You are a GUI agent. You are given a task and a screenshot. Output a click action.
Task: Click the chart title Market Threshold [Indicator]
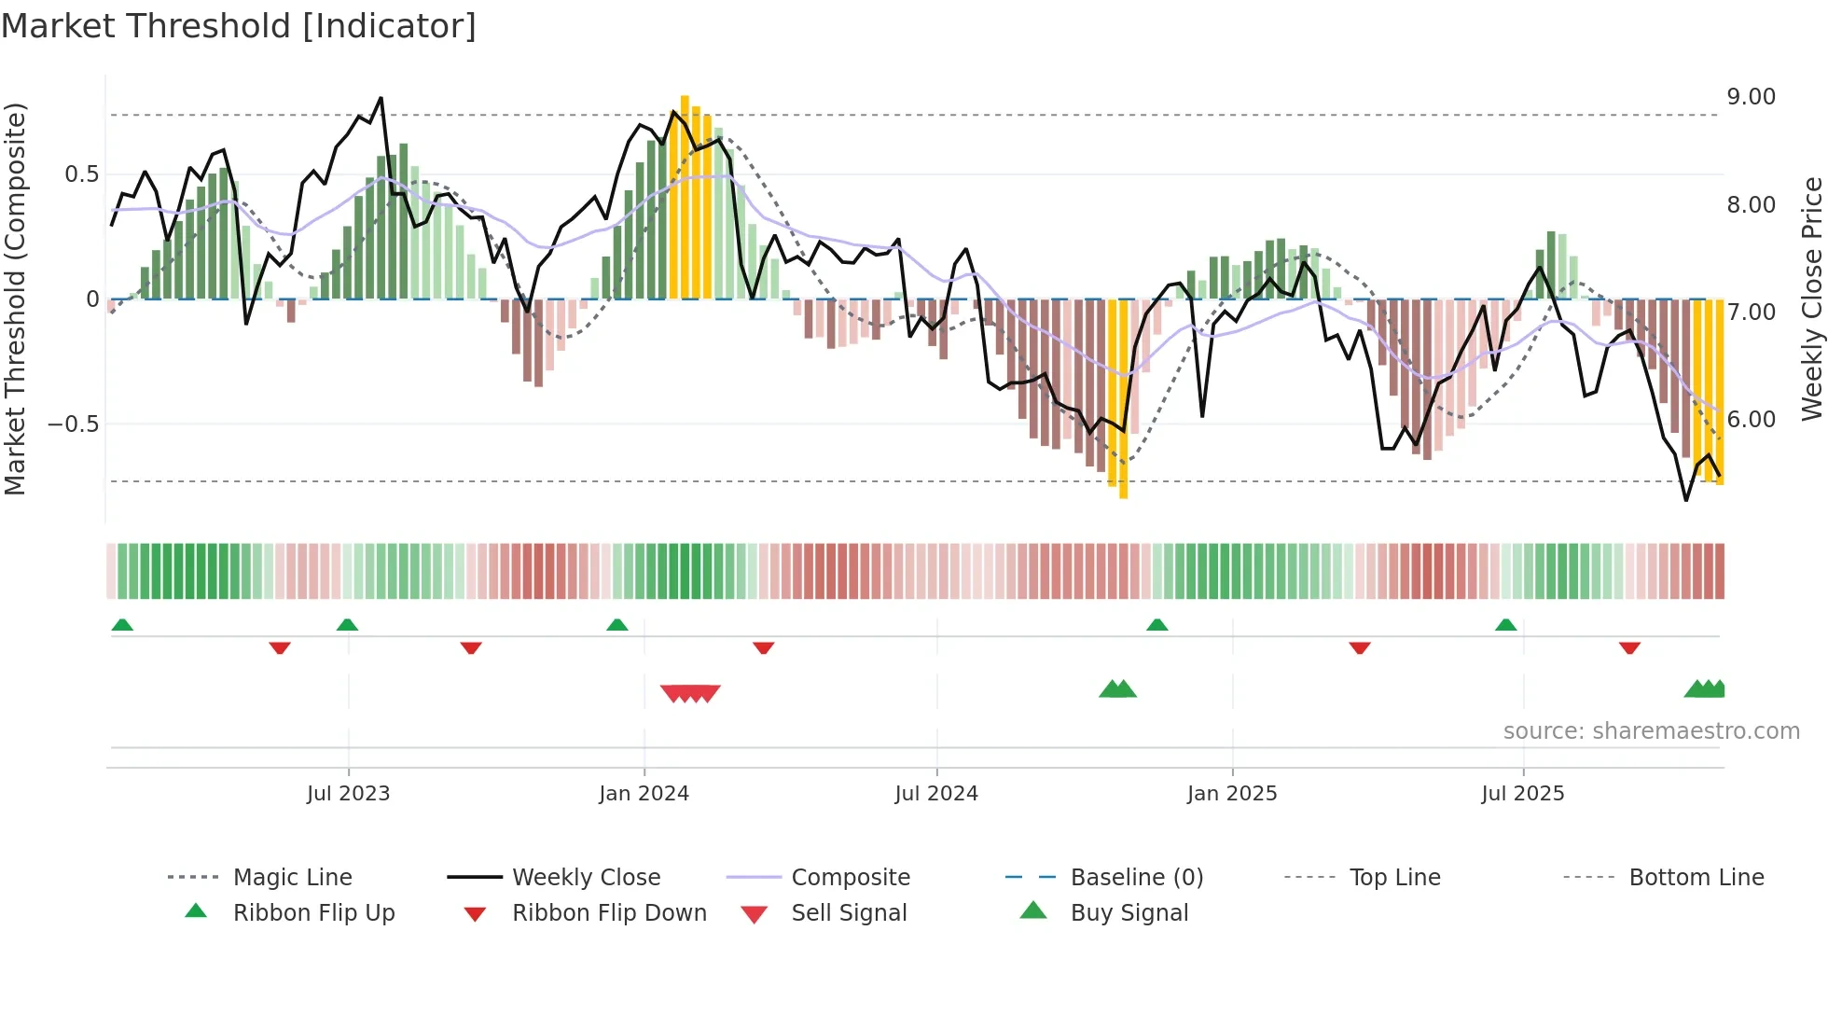click(239, 26)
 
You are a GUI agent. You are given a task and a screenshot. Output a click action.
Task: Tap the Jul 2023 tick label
click(348, 794)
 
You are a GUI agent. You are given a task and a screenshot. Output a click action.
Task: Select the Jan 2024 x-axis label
click(644, 794)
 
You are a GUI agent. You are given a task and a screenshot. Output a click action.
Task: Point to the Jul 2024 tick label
click(936, 794)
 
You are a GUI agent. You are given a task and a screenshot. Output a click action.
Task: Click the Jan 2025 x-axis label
click(1232, 794)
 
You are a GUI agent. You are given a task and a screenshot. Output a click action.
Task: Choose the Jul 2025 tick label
click(1523, 794)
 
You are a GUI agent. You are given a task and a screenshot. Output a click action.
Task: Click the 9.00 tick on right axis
click(1751, 97)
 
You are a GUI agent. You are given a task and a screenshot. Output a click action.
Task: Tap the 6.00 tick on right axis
click(1751, 420)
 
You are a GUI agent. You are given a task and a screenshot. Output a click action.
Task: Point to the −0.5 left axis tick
click(73, 424)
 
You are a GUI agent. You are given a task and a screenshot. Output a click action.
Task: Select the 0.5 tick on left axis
click(81, 174)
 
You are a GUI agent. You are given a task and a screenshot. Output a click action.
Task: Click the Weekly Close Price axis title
click(1811, 299)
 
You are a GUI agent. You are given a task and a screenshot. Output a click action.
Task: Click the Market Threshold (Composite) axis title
click(15, 299)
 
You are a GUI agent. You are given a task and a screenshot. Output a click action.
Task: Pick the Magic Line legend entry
click(292, 878)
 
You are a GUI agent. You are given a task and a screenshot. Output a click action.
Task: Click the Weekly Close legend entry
click(586, 878)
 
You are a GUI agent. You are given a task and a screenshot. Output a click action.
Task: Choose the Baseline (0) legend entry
click(1136, 878)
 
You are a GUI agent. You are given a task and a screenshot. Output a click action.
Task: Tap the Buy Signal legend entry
click(1129, 913)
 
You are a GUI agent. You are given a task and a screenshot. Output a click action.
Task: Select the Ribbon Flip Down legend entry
click(609, 913)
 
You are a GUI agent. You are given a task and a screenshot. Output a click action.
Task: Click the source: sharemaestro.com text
click(1651, 731)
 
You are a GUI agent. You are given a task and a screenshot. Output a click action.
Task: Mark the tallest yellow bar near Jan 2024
click(685, 196)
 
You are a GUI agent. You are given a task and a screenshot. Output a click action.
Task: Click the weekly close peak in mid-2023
click(381, 98)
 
